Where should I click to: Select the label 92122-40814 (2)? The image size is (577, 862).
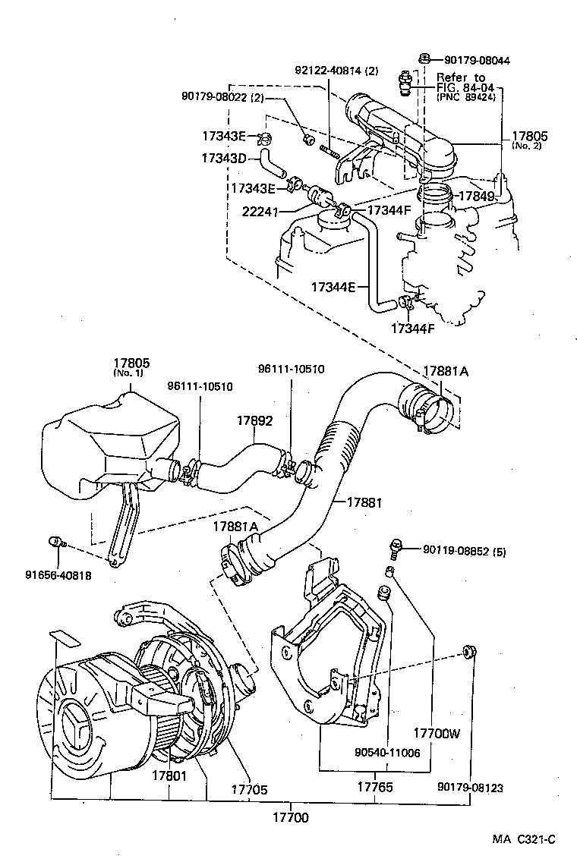click(336, 71)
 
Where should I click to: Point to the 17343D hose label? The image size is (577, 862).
click(224, 159)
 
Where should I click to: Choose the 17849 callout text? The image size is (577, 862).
click(480, 197)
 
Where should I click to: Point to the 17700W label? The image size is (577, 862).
click(438, 734)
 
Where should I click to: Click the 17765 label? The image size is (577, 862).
click(374, 788)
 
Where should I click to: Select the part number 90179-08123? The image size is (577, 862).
click(471, 788)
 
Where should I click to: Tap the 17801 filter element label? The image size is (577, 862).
click(169, 776)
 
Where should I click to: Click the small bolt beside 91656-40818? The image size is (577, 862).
click(55, 541)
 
